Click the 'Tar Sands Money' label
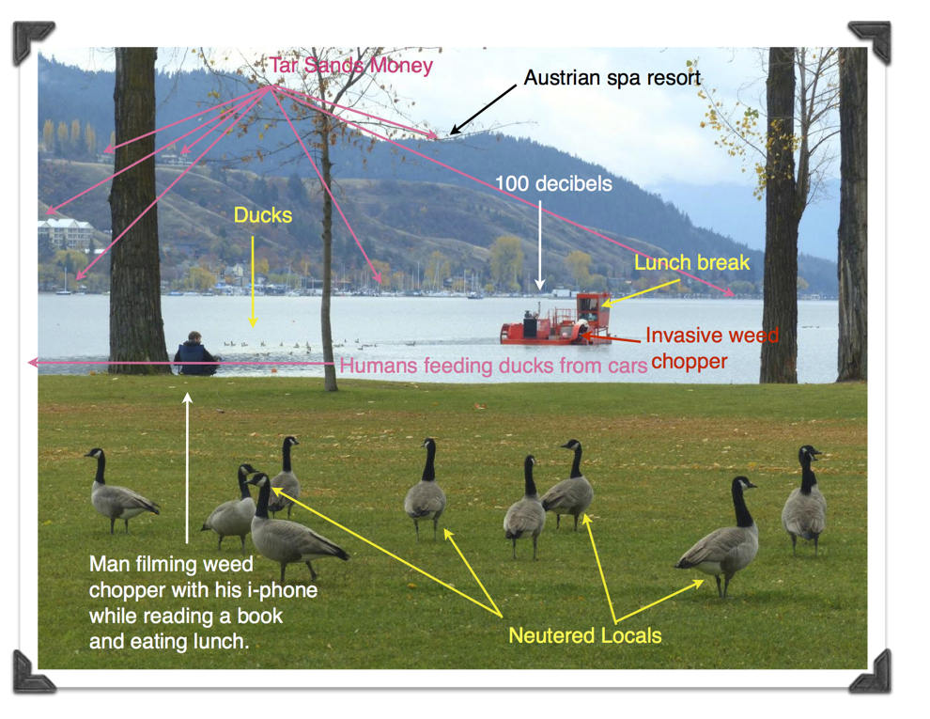(350, 66)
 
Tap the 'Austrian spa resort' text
(612, 78)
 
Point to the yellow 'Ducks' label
(262, 215)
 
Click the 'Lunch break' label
(691, 262)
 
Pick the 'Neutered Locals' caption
(584, 635)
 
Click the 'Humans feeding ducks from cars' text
(493, 366)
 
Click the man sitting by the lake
(195, 355)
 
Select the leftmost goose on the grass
(118, 493)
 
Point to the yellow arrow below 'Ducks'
(253, 282)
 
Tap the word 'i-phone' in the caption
(285, 590)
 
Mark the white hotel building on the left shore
(66, 233)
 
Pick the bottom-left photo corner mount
(34, 673)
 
